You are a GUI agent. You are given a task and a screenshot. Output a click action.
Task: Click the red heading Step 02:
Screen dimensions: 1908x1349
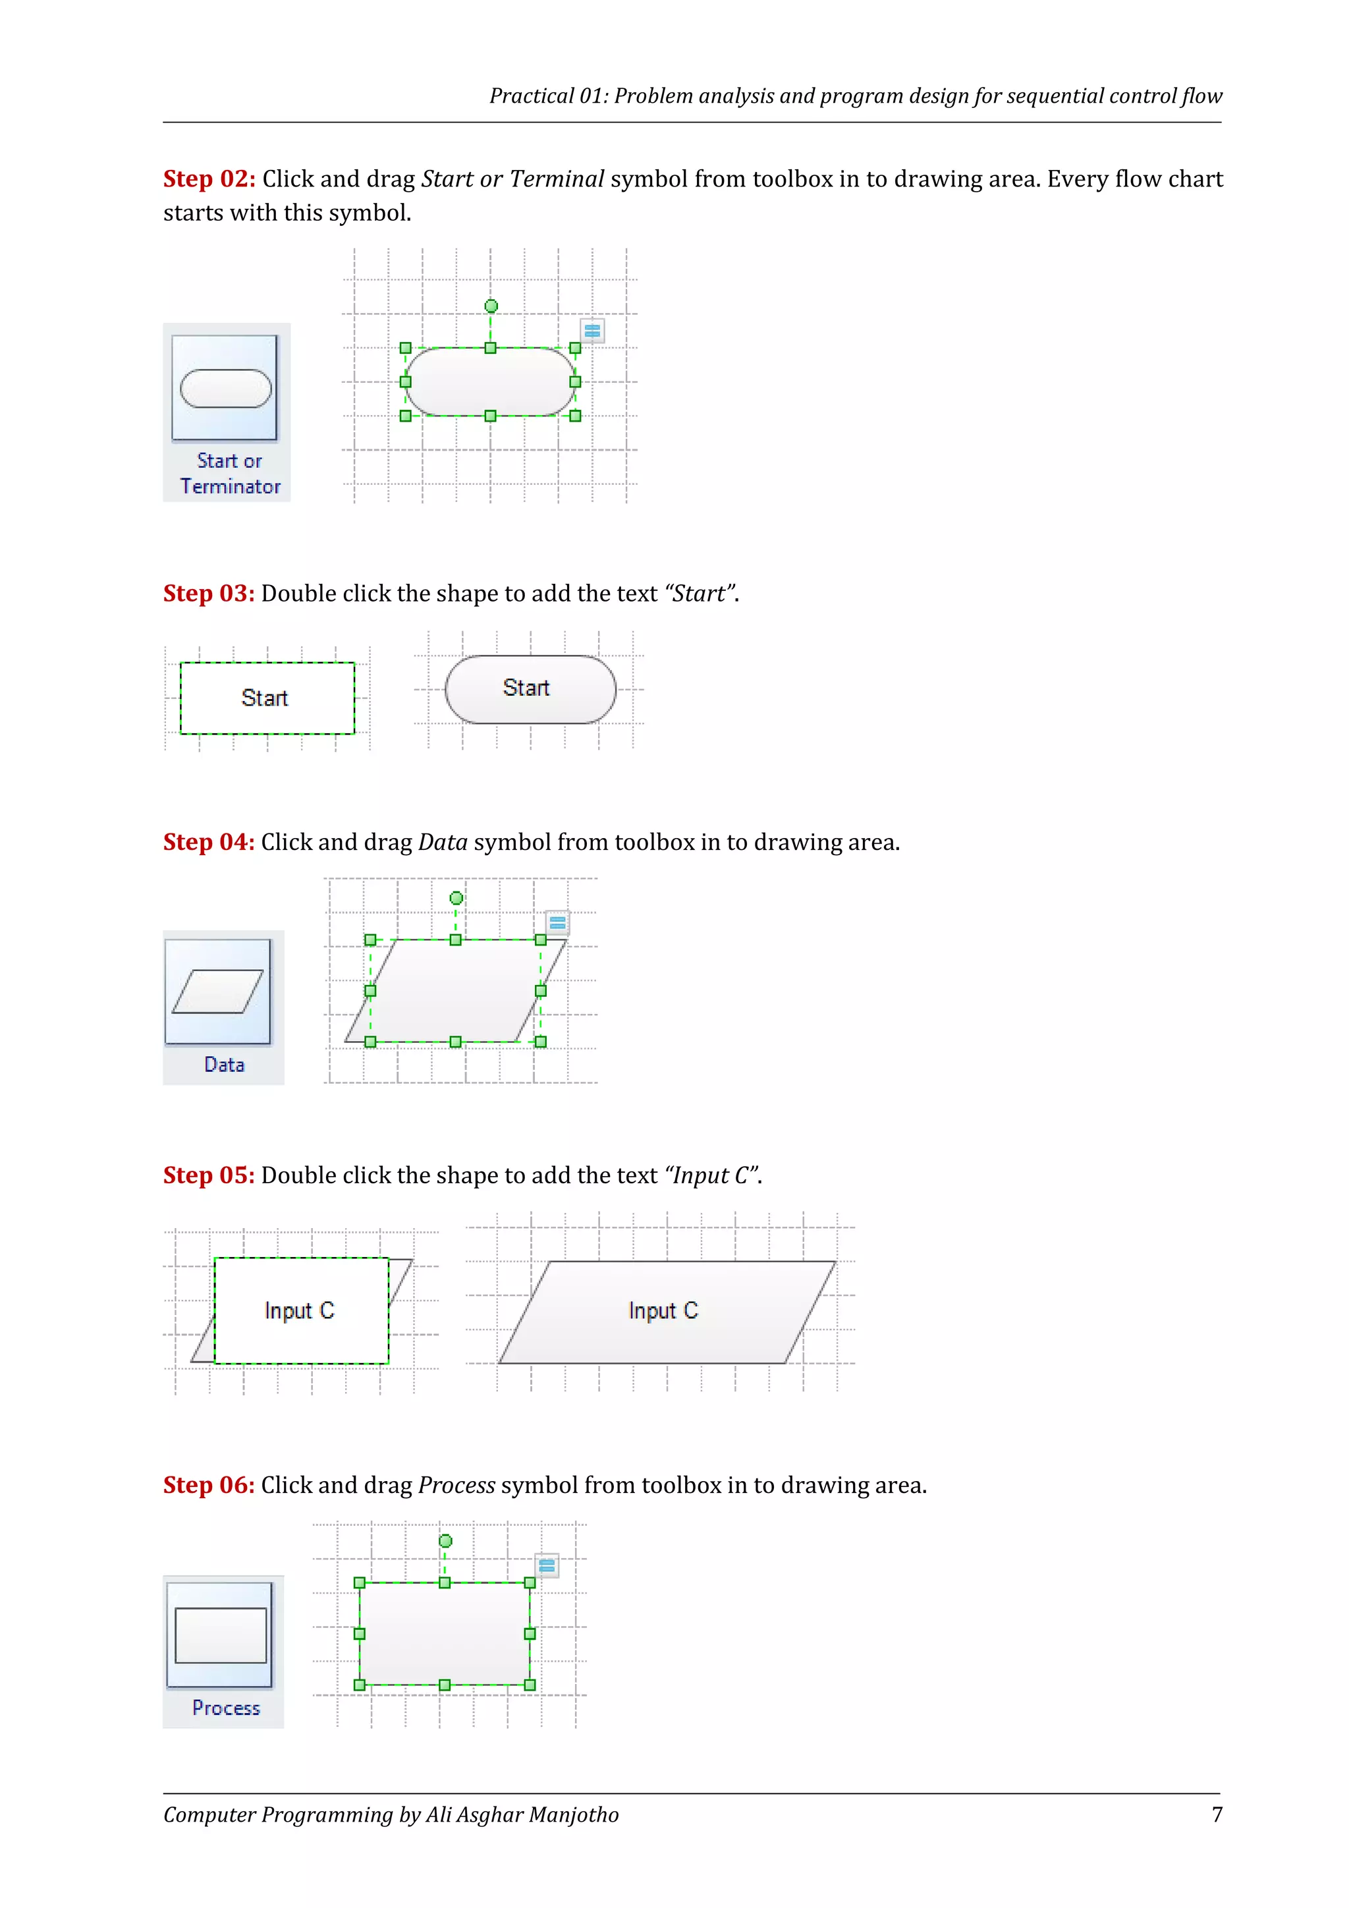click(x=209, y=179)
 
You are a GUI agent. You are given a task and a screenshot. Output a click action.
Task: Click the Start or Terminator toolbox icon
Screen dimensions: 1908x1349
click(x=225, y=388)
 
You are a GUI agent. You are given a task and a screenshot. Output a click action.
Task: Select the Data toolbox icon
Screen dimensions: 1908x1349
click(x=217, y=992)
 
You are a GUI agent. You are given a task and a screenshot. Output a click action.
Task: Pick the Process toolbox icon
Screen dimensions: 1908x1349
click(x=220, y=1635)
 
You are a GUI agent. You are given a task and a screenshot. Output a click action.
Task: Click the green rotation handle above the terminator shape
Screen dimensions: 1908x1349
click(x=491, y=306)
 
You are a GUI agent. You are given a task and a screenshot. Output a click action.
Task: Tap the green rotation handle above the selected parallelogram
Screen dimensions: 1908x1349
click(x=456, y=897)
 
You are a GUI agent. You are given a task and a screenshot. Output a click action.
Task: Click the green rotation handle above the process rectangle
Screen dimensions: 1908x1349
click(x=445, y=1540)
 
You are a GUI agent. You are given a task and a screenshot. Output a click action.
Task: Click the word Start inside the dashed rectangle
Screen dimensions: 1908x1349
click(x=264, y=698)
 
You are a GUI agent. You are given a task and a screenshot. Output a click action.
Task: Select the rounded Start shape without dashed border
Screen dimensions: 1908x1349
click(x=530, y=689)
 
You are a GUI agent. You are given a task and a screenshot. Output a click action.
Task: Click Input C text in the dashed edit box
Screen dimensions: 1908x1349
click(x=299, y=1310)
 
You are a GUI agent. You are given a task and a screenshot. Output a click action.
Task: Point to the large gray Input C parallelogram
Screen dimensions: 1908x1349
click(x=665, y=1311)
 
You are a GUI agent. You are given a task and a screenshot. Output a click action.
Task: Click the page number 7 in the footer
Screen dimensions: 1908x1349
click(x=1217, y=1815)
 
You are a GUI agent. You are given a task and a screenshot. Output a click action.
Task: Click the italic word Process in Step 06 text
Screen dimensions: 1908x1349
click(x=457, y=1485)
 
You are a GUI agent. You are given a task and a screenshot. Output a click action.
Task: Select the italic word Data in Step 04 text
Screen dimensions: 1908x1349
click(x=443, y=843)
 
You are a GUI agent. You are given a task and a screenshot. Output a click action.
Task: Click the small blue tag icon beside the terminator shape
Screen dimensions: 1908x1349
click(x=592, y=331)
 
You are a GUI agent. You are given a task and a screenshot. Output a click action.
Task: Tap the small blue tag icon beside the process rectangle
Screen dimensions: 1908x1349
click(x=547, y=1565)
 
